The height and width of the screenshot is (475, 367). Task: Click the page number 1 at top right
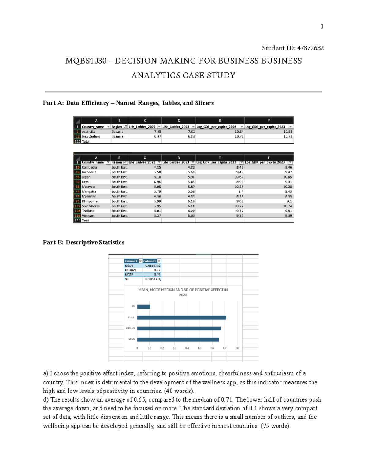tap(322, 27)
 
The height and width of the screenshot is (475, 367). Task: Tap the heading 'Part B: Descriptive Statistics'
tap(83, 242)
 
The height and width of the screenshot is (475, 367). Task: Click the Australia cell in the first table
tap(88, 132)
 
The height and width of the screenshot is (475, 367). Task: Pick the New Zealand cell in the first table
tap(91, 136)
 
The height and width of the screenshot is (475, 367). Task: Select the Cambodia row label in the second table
tap(89, 167)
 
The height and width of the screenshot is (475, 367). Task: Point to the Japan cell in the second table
tap(86, 177)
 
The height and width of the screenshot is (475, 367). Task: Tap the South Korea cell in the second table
tap(91, 206)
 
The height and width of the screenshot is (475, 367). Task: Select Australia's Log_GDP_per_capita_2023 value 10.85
tap(287, 132)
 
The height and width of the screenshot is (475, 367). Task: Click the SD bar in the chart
tap(143, 306)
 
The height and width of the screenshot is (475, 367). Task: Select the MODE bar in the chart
tap(181, 317)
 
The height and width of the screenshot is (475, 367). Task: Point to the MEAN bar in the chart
tap(178, 340)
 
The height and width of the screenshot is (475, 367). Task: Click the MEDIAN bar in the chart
tap(179, 328)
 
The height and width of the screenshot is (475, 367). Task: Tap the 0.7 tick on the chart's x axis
tap(224, 348)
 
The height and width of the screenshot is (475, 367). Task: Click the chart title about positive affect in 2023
tap(183, 292)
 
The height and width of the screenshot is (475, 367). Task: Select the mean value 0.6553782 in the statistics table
tap(153, 266)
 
